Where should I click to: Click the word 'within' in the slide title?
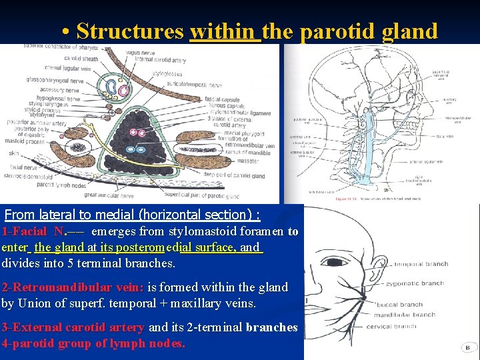tap(224, 31)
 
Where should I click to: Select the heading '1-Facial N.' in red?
tap(33, 232)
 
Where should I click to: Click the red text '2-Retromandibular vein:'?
tap(72, 287)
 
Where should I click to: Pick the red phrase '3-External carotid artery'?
tap(73, 327)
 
